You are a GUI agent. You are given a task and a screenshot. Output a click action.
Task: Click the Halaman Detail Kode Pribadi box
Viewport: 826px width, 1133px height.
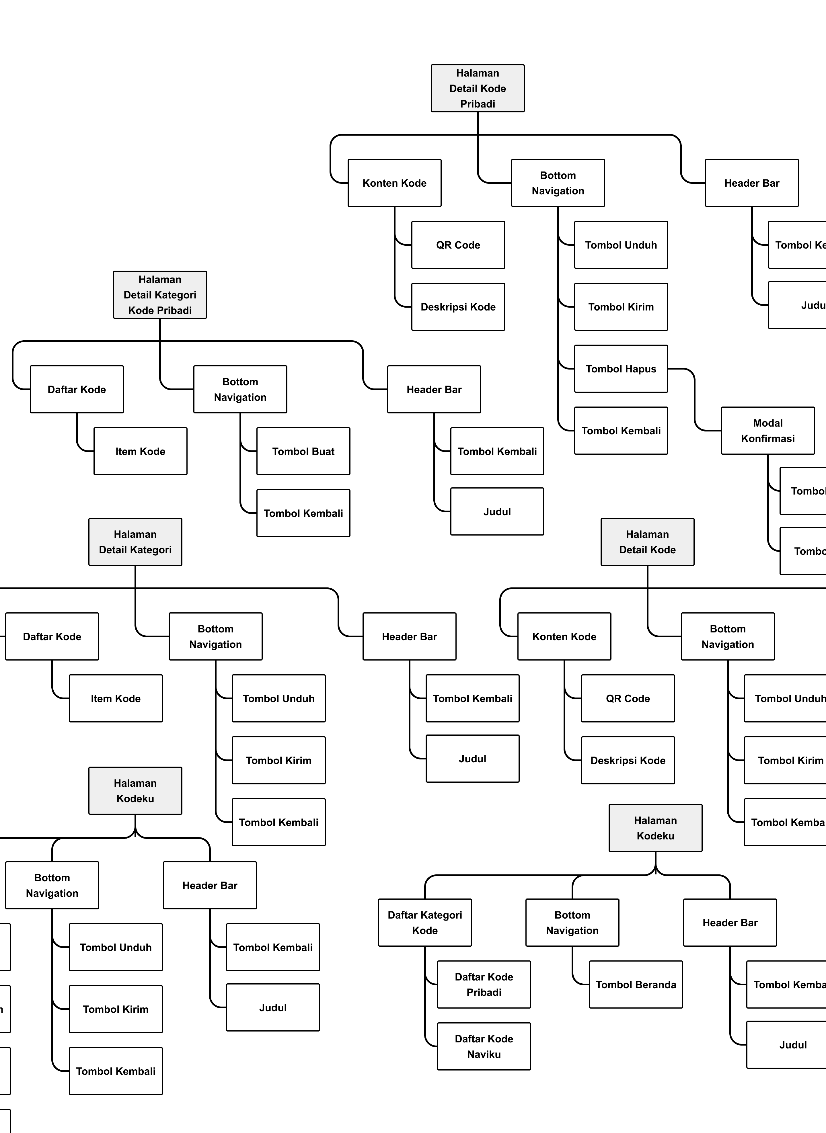pos(478,89)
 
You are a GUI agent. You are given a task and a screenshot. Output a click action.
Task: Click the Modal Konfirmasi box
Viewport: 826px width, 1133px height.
pos(767,431)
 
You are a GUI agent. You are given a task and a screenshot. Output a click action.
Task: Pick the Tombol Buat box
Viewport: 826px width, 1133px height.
pos(303,451)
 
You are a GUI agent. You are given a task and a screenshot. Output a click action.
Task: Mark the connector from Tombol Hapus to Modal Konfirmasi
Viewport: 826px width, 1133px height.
pos(695,400)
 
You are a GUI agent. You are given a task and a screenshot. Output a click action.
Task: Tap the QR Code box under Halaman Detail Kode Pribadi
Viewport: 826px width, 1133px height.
pos(458,245)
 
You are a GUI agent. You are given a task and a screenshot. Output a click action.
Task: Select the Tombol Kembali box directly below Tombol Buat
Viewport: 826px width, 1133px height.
pos(303,513)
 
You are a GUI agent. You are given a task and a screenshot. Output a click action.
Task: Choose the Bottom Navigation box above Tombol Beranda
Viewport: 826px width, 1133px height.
pos(572,923)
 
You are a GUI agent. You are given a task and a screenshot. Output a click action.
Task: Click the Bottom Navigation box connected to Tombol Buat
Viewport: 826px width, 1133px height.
pos(240,389)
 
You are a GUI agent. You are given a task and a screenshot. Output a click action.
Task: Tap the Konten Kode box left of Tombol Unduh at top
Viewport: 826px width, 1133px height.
pos(394,183)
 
